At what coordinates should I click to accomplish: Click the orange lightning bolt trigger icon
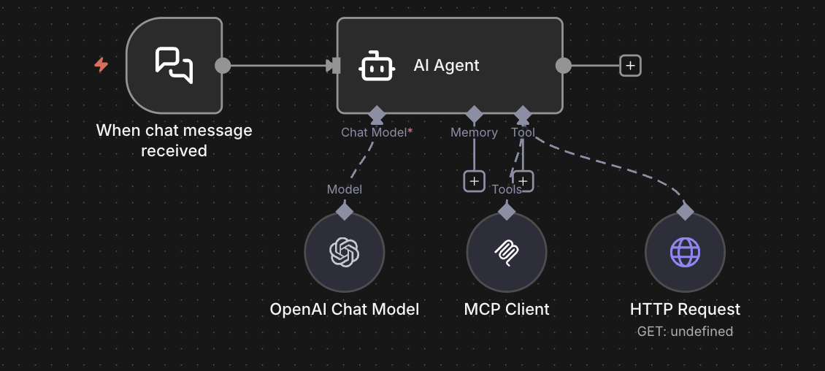[101, 65]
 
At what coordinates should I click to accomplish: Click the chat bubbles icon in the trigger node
[174, 65]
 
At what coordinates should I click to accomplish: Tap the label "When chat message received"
[174, 140]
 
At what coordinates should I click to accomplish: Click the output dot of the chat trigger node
[223, 66]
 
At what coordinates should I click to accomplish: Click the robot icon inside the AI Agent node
[377, 66]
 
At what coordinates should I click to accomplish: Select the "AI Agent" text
[446, 66]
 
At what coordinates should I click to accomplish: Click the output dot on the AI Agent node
[563, 66]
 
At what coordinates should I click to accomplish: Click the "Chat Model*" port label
[377, 132]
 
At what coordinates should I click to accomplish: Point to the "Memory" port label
[474, 132]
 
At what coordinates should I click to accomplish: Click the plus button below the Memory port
[475, 181]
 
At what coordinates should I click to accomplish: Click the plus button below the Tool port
[523, 181]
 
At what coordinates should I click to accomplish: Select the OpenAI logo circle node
[345, 252]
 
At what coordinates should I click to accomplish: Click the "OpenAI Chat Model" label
[345, 309]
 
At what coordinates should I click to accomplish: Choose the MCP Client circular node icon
[507, 252]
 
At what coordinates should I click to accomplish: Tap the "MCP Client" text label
[507, 309]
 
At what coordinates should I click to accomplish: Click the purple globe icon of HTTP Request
[685, 252]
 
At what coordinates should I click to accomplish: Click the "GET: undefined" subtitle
[685, 332]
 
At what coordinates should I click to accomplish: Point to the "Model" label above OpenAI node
[345, 189]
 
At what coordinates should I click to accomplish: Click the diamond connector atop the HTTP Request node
[685, 211]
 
